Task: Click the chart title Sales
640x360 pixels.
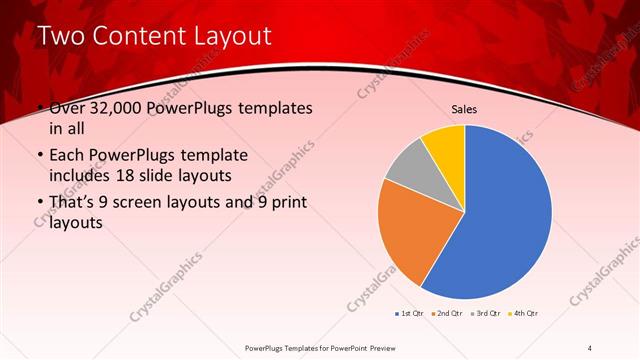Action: pos(465,108)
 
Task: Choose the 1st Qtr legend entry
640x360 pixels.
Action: pos(410,314)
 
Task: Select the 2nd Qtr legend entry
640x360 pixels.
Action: pos(447,314)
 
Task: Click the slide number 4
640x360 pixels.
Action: pos(590,347)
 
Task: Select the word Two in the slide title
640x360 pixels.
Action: pos(61,37)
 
